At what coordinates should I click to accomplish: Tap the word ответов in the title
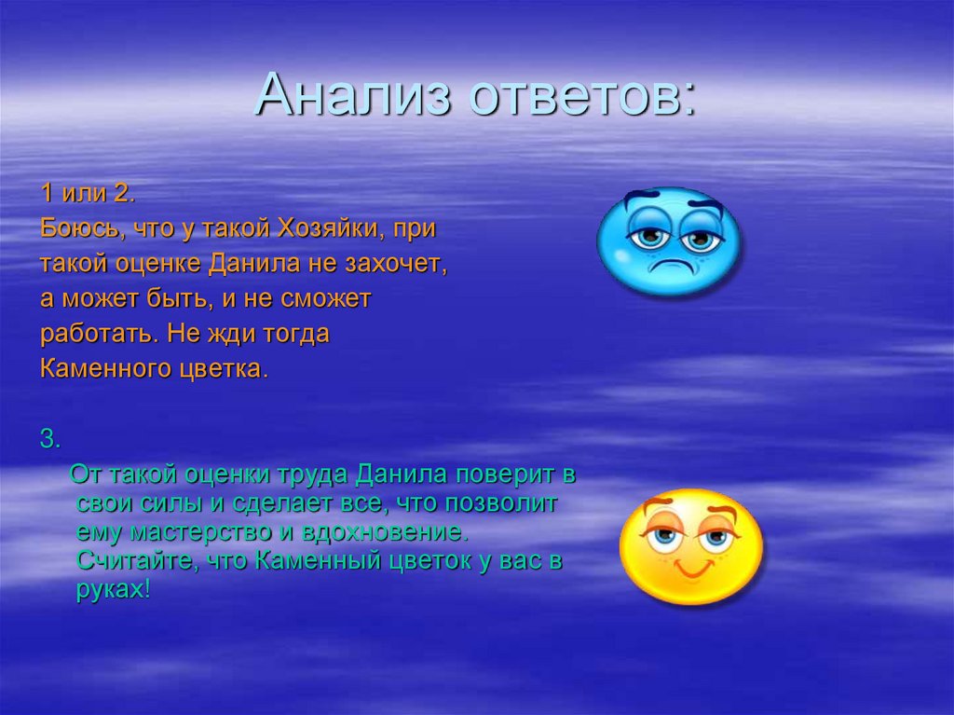click(x=581, y=95)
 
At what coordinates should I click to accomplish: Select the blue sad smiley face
click(x=668, y=241)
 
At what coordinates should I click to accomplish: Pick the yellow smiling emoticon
click(x=690, y=547)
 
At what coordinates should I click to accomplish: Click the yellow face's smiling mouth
click(x=690, y=569)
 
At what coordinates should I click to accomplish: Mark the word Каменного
click(x=104, y=369)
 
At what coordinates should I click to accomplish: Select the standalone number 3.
click(x=49, y=440)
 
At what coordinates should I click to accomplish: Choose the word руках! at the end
click(x=113, y=591)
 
